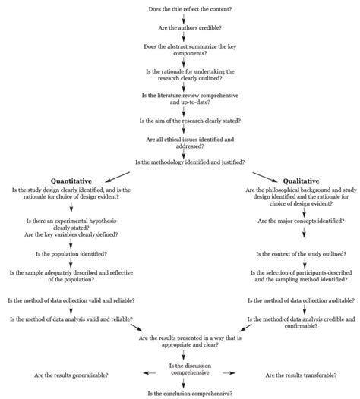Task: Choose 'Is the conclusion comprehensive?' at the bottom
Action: click(x=180, y=393)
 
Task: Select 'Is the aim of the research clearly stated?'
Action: click(x=180, y=120)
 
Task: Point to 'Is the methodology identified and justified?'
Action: click(x=180, y=162)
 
